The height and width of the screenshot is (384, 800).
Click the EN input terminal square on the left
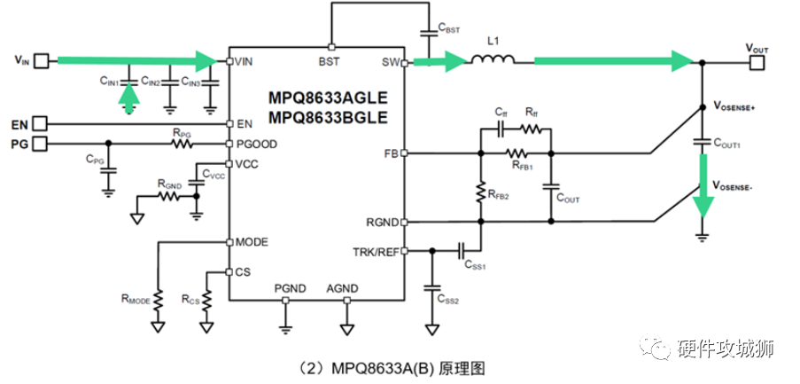tap(39, 124)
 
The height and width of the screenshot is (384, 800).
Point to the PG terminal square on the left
tap(39, 143)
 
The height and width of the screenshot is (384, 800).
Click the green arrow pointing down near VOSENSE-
tap(703, 186)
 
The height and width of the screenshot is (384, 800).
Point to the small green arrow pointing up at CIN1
tap(129, 97)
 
